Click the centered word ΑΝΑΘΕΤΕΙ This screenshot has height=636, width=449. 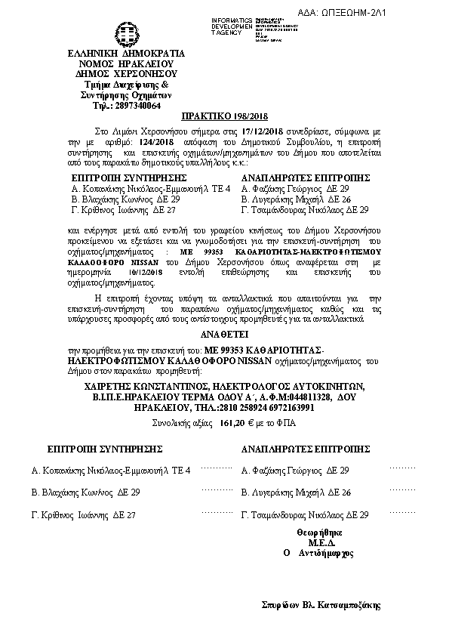223,332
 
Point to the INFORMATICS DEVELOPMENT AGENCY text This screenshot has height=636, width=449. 232,23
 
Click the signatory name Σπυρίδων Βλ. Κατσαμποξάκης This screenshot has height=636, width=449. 321,605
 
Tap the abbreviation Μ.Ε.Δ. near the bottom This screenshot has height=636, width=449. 321,542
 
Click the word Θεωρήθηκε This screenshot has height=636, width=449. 321,532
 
